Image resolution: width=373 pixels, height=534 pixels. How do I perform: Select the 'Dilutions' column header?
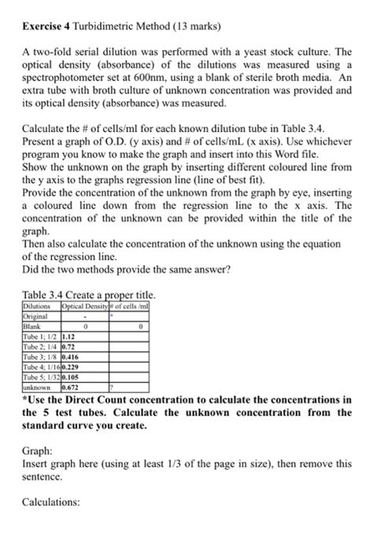click(36, 305)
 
